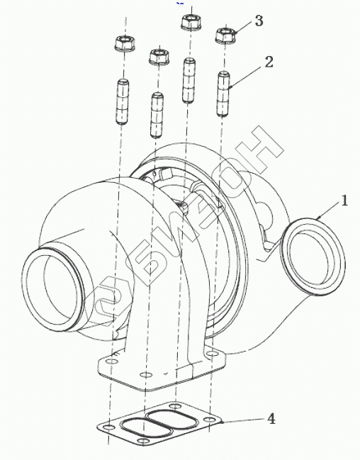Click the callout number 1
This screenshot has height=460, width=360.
point(344,201)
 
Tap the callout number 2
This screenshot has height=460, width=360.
point(269,62)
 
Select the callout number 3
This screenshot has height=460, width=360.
point(259,21)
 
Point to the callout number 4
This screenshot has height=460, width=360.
point(271,419)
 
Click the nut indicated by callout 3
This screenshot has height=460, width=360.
point(225,35)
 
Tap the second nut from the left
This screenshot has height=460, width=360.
point(159,57)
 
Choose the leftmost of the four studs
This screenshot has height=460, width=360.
point(123,101)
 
